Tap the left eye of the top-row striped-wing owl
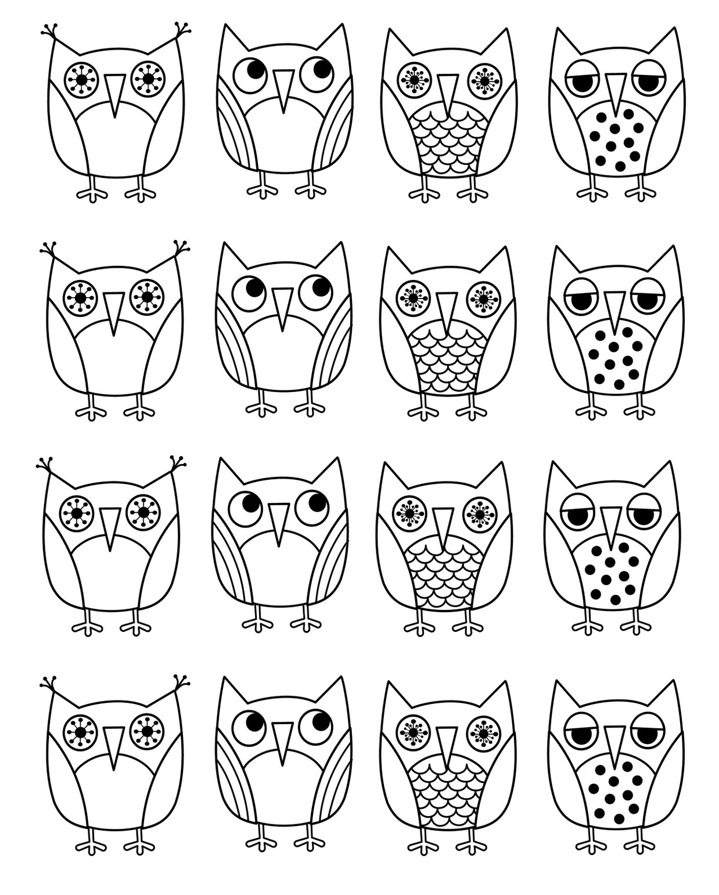[x=251, y=76]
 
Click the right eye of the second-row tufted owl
[x=146, y=297]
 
